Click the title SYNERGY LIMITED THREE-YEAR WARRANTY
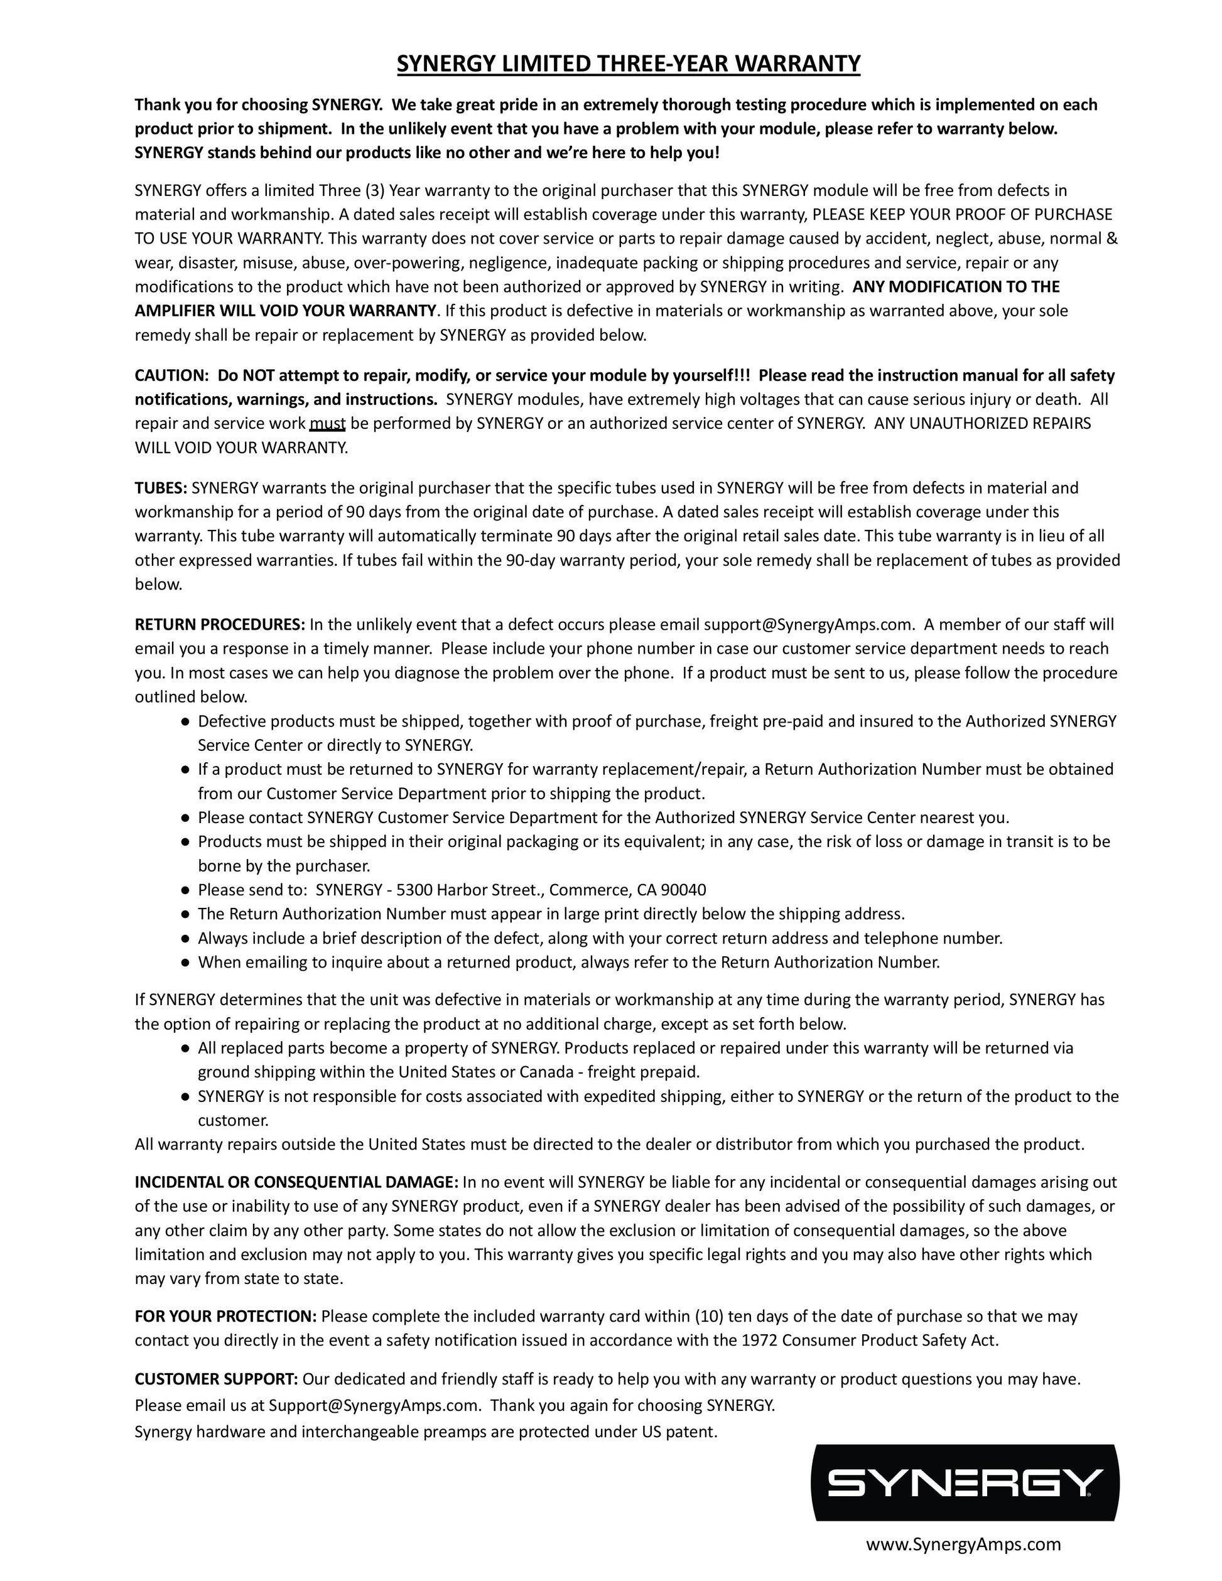click(628, 65)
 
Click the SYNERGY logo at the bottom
click(966, 1482)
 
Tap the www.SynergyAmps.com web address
click(963, 1545)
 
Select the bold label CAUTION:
click(171, 375)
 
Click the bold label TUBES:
click(161, 488)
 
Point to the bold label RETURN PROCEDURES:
click(220, 625)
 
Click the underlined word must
click(327, 423)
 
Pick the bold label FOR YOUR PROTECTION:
click(225, 1316)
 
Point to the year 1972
click(759, 1340)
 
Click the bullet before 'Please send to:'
click(185, 890)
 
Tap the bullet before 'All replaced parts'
click(185, 1048)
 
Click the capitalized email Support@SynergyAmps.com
click(374, 1405)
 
